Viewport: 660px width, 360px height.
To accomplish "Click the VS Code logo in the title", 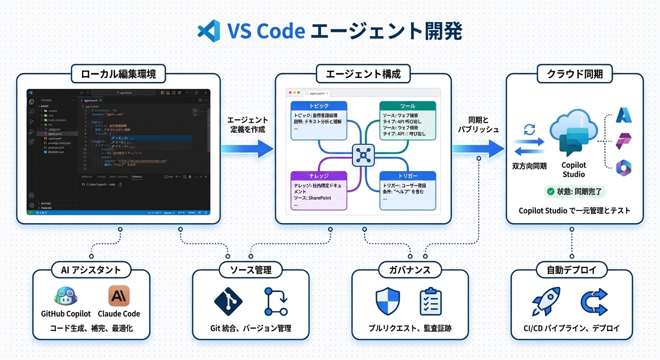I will (209, 31).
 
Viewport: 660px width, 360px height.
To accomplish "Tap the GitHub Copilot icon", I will (66, 296).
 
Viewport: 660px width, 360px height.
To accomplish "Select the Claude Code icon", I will (119, 296).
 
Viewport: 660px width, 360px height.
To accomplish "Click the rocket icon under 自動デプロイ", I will (546, 301).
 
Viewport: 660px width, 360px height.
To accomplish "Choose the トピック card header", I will (319, 106).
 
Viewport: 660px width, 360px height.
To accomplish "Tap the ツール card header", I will (407, 106).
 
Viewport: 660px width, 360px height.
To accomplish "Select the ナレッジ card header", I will (319, 176).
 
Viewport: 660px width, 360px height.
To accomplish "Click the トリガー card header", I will (407, 176).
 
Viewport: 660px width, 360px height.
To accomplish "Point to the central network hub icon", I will (363, 155).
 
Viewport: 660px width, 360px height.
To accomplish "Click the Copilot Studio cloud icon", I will (573, 136).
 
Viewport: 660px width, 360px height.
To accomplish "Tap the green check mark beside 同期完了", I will (550, 191).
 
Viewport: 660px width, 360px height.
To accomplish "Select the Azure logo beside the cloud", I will (624, 115).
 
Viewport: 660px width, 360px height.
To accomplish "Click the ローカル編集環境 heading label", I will (119, 74).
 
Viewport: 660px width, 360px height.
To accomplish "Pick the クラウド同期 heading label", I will (575, 74).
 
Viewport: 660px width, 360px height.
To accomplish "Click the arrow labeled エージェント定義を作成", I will (247, 149).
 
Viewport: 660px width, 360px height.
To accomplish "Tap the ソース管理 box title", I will (251, 270).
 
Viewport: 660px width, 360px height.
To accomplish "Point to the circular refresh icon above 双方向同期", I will (529, 130).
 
